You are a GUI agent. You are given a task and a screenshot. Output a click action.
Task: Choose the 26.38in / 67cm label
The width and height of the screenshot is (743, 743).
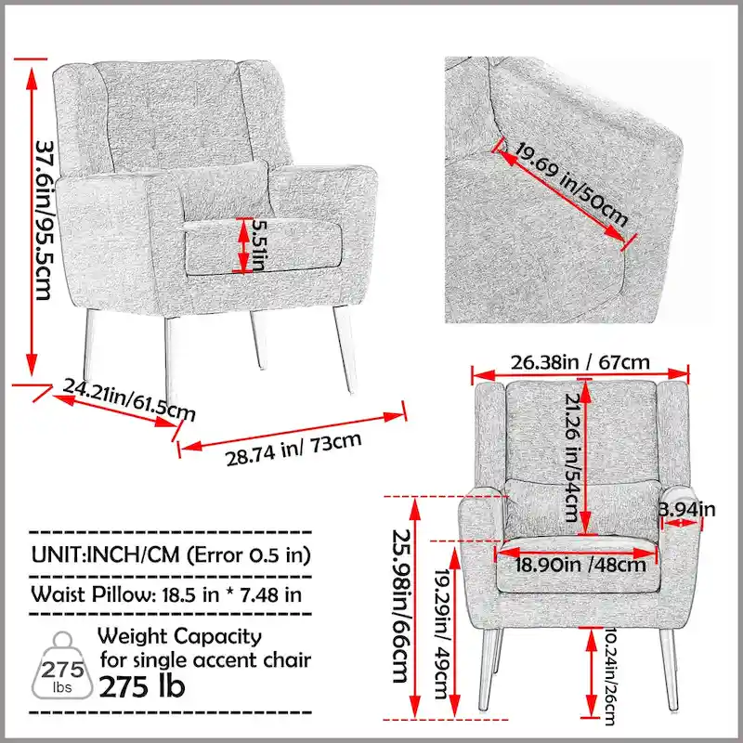coord(584,361)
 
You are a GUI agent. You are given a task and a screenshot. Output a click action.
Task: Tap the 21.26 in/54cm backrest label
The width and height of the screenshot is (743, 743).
coord(569,456)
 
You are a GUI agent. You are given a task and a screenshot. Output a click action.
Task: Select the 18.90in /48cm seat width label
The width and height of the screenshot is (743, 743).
coord(581,563)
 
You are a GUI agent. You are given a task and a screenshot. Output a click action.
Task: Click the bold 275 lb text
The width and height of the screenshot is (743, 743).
coord(142,687)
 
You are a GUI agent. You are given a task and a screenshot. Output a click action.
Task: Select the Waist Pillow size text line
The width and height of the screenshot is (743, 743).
coord(167,594)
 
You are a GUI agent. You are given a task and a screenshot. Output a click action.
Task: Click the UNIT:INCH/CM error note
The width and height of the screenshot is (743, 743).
coord(171,555)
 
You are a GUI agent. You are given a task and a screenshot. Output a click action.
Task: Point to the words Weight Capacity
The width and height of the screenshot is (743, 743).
coord(179,637)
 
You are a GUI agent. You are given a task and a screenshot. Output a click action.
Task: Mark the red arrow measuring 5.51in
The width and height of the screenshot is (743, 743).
coord(244,246)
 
